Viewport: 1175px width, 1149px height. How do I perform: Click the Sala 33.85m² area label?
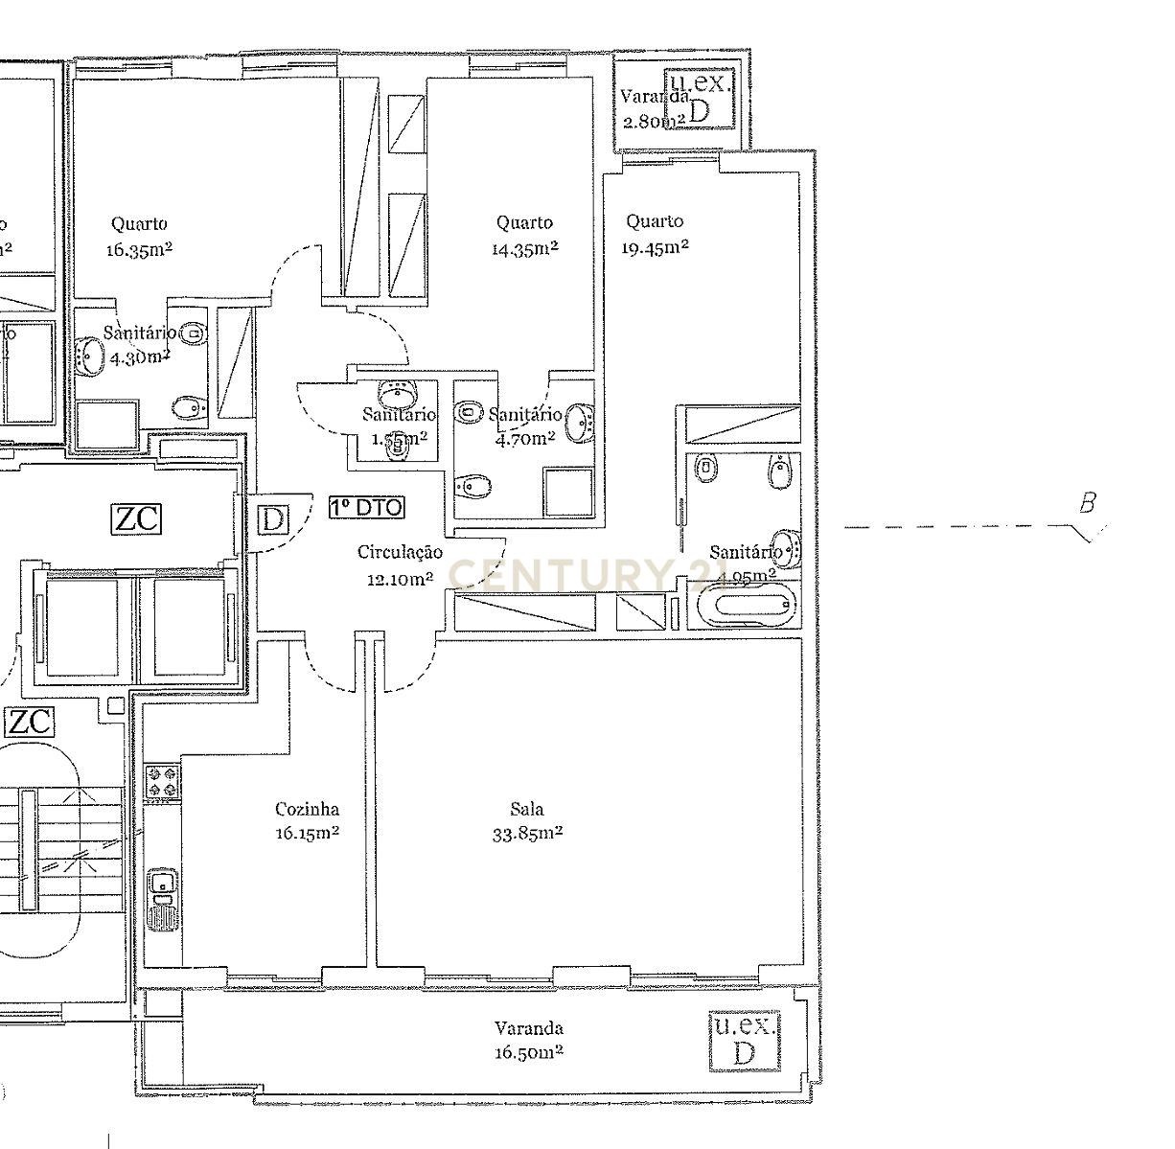click(x=526, y=822)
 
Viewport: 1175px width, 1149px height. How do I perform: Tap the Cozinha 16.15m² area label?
click(x=307, y=821)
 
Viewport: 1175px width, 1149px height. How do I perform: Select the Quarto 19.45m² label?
click(x=656, y=234)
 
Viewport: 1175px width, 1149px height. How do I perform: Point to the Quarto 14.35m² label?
click(x=524, y=235)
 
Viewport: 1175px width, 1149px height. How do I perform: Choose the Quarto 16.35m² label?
click(x=139, y=237)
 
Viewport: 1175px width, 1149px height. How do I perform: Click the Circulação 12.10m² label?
click(x=400, y=565)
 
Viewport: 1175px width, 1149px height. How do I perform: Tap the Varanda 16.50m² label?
click(x=528, y=1041)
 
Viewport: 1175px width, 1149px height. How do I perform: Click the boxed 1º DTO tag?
click(x=367, y=508)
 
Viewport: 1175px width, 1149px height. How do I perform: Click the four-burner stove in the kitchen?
click(x=162, y=780)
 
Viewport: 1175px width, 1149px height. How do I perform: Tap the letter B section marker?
click(x=1087, y=503)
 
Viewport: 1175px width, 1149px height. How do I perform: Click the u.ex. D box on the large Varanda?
click(x=743, y=1041)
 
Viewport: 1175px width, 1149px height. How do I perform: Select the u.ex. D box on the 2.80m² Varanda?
click(x=701, y=97)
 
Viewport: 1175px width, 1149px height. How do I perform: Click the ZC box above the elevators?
click(x=137, y=519)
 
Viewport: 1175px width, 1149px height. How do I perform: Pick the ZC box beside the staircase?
click(x=30, y=721)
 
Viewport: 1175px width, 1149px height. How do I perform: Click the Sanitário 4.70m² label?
click(x=524, y=426)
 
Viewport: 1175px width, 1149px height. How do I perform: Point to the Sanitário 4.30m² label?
click(x=138, y=344)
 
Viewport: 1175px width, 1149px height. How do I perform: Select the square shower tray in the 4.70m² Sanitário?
click(x=568, y=492)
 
